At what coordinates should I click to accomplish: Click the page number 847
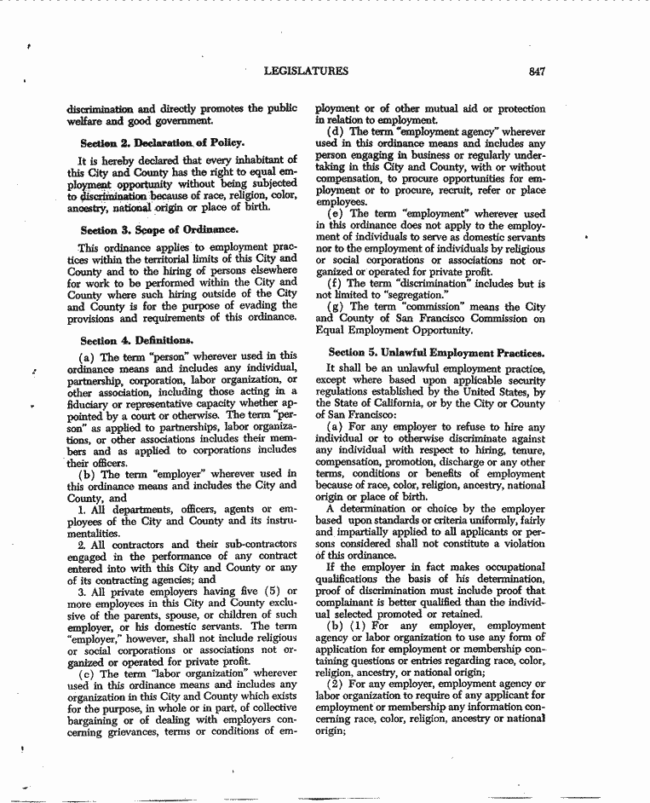(x=536, y=72)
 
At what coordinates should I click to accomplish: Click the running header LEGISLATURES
(x=307, y=72)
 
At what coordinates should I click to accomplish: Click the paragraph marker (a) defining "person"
(x=85, y=355)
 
